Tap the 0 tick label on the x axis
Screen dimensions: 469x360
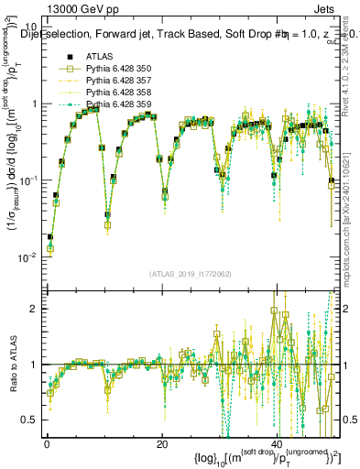[47, 443]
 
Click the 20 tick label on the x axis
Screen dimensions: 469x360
[162, 443]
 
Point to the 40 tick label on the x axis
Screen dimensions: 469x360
[278, 443]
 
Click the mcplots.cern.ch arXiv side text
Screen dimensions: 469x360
[351, 212]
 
